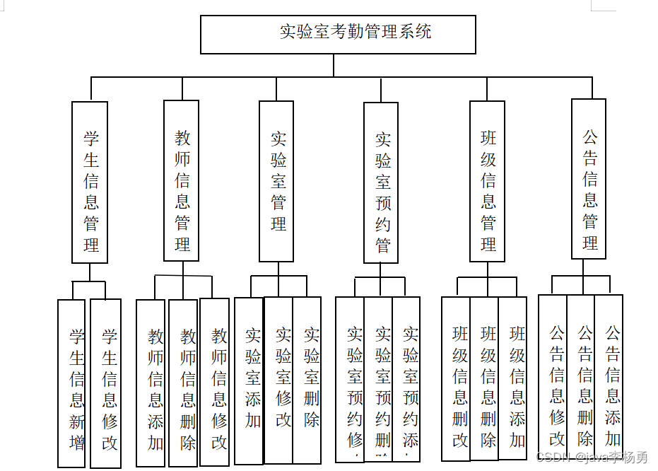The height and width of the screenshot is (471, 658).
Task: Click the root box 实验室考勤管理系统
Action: tap(338, 35)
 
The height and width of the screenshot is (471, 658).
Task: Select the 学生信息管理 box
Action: tap(90, 182)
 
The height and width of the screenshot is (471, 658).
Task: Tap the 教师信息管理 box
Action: tap(182, 180)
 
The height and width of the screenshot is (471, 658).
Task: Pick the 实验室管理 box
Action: tap(276, 181)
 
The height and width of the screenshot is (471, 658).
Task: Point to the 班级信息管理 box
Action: tap(488, 181)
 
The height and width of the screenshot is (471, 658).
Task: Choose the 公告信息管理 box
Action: tap(589, 179)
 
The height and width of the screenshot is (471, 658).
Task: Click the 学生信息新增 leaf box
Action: tap(71, 383)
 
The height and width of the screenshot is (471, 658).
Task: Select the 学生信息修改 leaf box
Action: tap(106, 383)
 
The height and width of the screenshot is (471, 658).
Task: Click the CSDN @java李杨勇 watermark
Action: tap(592, 458)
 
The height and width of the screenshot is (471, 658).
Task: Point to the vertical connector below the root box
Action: tap(334, 65)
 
